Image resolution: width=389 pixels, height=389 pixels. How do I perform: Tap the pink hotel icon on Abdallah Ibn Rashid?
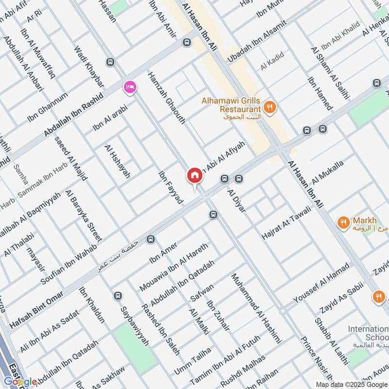[x=130, y=87]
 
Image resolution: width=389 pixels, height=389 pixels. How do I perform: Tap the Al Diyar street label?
[x=237, y=200]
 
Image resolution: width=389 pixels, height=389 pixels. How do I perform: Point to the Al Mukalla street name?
[x=328, y=172]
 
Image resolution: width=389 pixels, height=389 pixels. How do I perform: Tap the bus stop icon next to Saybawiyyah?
[x=117, y=296]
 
